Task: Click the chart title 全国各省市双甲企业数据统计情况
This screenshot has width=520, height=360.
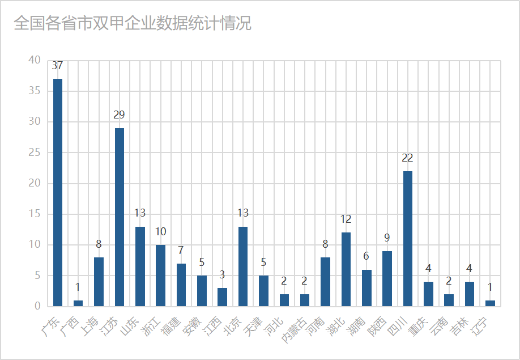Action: point(132,24)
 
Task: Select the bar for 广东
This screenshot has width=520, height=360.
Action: point(58,192)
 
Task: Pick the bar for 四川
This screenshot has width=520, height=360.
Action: point(408,238)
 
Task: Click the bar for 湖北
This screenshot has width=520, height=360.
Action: point(346,269)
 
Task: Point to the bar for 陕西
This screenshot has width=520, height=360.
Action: point(387,278)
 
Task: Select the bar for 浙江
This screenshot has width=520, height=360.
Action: point(160,276)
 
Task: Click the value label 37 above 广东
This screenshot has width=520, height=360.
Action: point(57,66)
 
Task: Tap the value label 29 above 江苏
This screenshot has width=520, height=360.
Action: point(119,115)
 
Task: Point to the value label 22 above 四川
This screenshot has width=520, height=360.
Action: point(407,158)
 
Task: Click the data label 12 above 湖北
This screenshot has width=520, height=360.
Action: point(346,219)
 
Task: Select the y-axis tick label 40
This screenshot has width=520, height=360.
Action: point(35,60)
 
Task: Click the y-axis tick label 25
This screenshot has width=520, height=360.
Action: point(35,153)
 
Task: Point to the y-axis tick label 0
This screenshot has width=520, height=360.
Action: point(37,306)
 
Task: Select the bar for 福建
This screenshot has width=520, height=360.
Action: point(181,285)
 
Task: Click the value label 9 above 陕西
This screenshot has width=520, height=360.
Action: point(387,238)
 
